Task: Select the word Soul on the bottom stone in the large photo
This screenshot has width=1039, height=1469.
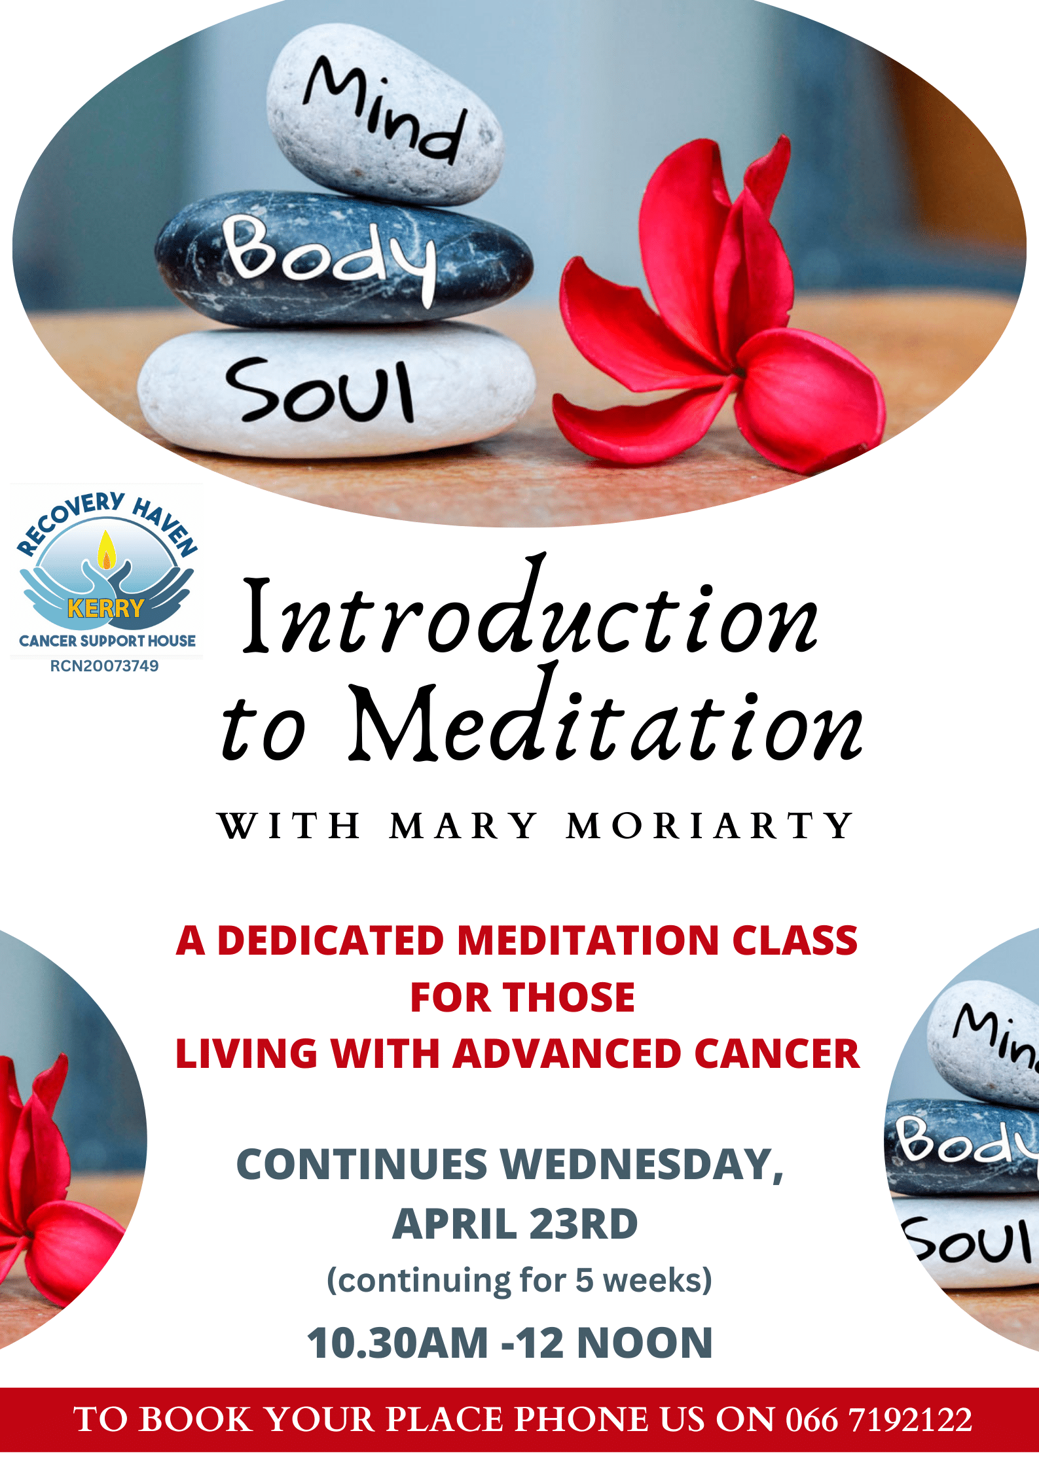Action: pos(320,390)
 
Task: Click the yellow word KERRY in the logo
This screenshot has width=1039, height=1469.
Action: pos(106,609)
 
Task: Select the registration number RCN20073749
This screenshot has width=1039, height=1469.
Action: pos(105,666)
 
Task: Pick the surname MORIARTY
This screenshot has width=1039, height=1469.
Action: pos(710,826)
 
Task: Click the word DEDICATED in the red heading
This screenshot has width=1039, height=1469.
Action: pos(331,941)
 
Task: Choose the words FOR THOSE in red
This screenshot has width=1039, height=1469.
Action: pos(522,998)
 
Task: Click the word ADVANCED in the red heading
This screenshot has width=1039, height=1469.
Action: pos(567,1054)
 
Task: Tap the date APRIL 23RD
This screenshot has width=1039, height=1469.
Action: pos(515,1224)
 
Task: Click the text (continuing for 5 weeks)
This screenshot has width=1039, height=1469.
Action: pos(519,1281)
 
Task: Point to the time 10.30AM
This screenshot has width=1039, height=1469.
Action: pos(398,1343)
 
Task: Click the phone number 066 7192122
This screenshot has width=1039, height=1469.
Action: pos(879,1419)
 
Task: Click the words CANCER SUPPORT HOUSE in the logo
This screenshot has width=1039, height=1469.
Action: pos(107,641)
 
